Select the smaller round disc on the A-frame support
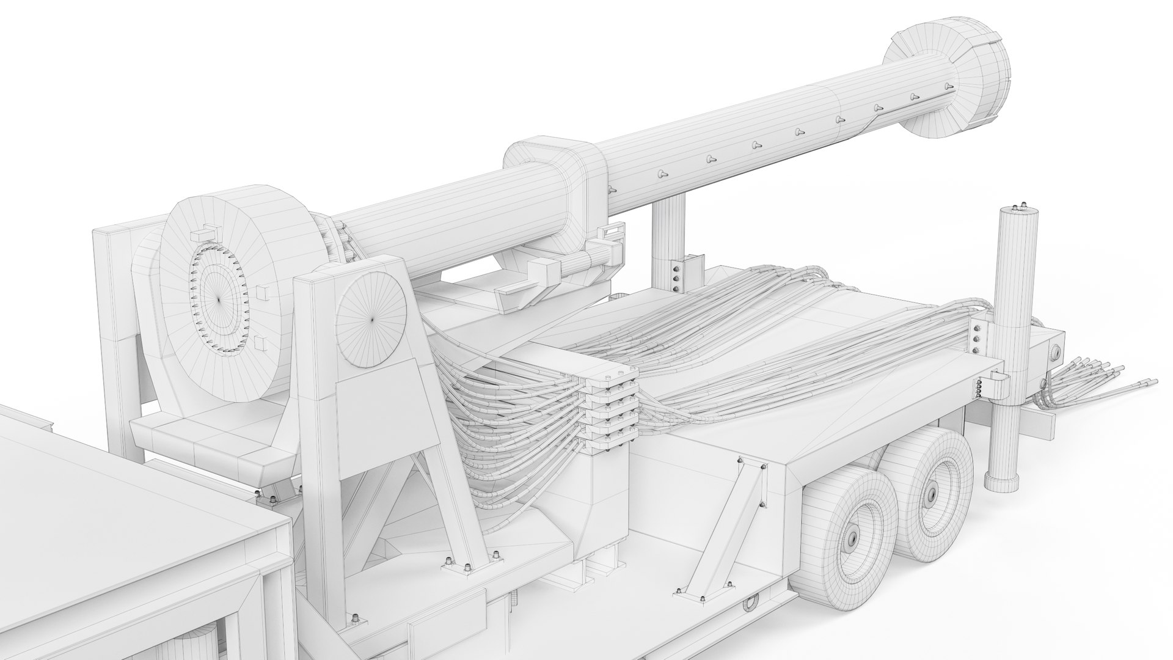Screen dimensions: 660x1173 point(371,318)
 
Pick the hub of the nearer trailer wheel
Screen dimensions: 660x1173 point(850,540)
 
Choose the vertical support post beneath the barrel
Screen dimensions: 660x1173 point(668,244)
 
